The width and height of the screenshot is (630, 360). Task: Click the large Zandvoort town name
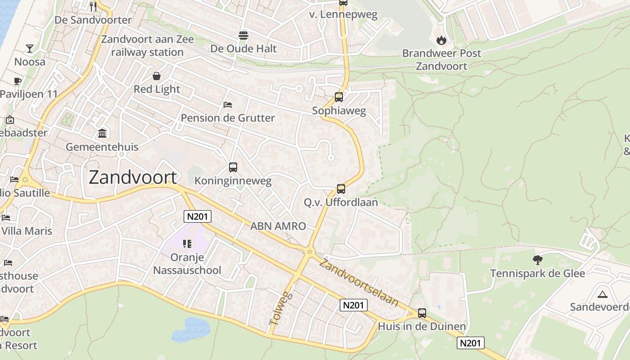133,177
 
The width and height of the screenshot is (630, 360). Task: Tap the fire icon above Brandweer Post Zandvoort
441,40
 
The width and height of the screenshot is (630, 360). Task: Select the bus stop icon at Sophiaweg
338,97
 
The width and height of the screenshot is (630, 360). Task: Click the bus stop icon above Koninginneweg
233,167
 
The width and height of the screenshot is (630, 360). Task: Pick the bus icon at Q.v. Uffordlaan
341,189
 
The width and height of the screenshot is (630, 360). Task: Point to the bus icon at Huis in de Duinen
422,313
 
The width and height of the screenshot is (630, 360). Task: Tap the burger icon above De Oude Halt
243,35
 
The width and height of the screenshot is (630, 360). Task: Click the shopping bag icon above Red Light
157,76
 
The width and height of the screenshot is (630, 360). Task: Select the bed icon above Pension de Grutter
228,105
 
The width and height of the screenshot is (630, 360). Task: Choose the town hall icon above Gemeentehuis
102,133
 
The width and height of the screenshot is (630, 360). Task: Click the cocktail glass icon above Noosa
30,48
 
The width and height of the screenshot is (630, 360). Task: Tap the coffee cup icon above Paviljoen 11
18,81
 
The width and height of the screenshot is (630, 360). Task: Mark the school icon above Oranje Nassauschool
187,244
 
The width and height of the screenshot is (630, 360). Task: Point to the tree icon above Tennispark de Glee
537,260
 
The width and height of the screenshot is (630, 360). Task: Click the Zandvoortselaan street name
359,283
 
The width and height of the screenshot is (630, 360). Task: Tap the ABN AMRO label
278,226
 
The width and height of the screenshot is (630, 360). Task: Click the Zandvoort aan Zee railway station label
148,45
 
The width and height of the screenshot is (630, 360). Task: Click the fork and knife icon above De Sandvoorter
93,6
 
